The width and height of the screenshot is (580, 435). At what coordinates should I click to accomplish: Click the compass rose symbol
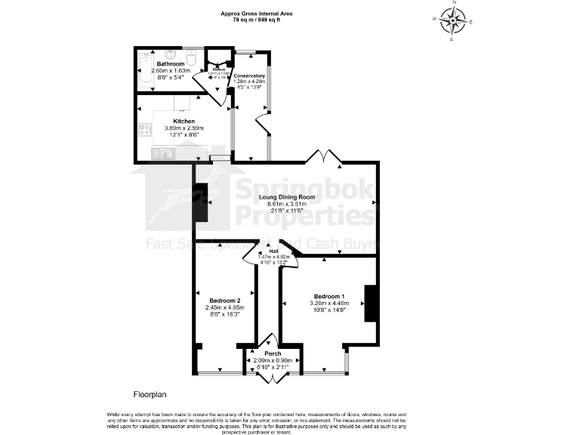point(454,21)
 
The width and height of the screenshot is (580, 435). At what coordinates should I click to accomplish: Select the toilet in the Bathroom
point(191,58)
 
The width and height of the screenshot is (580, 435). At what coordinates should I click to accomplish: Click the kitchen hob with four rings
point(144,129)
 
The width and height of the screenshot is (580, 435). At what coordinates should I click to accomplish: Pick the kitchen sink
point(162,153)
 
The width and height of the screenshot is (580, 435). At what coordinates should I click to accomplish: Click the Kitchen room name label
point(184,121)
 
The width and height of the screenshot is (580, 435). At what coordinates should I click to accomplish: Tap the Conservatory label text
point(249,76)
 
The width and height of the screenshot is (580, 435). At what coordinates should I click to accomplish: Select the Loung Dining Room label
point(287,197)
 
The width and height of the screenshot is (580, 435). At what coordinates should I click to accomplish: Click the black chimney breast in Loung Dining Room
point(202,203)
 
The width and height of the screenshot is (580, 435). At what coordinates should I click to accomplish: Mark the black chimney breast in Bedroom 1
point(370,303)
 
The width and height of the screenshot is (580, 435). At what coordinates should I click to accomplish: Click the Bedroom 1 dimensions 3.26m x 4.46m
point(329,302)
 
